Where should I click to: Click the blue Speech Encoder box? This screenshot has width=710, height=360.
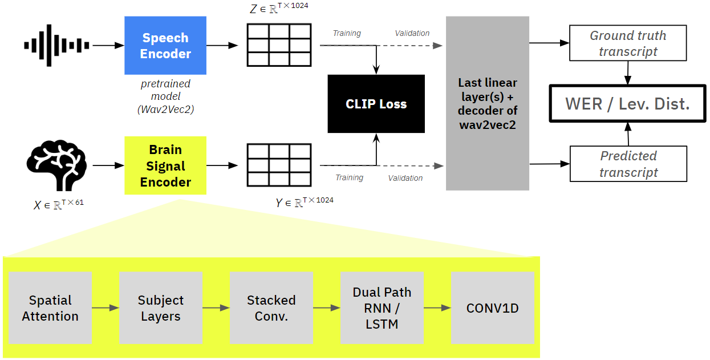[165, 46]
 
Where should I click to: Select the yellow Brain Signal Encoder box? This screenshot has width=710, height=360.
[165, 165]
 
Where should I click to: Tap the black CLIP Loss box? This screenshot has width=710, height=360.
[376, 104]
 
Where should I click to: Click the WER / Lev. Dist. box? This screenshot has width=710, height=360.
[627, 104]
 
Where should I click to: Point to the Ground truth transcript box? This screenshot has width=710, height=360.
[628, 43]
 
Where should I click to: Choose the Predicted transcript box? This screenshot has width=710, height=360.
[628, 164]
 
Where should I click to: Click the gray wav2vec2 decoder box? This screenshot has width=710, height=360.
[488, 103]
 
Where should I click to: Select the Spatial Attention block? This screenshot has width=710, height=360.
[50, 308]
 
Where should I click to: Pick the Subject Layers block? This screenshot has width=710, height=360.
[161, 308]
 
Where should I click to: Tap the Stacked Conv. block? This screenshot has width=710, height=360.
[271, 308]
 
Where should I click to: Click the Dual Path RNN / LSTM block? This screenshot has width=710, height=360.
[382, 308]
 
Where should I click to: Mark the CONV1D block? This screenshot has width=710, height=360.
[493, 308]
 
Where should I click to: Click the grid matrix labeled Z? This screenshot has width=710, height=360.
[279, 45]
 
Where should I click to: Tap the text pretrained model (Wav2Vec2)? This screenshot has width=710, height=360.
[165, 96]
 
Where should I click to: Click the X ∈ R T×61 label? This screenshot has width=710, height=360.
[59, 204]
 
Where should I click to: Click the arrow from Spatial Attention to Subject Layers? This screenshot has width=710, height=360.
[106, 308]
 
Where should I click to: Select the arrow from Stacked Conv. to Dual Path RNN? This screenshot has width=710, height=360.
[327, 308]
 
